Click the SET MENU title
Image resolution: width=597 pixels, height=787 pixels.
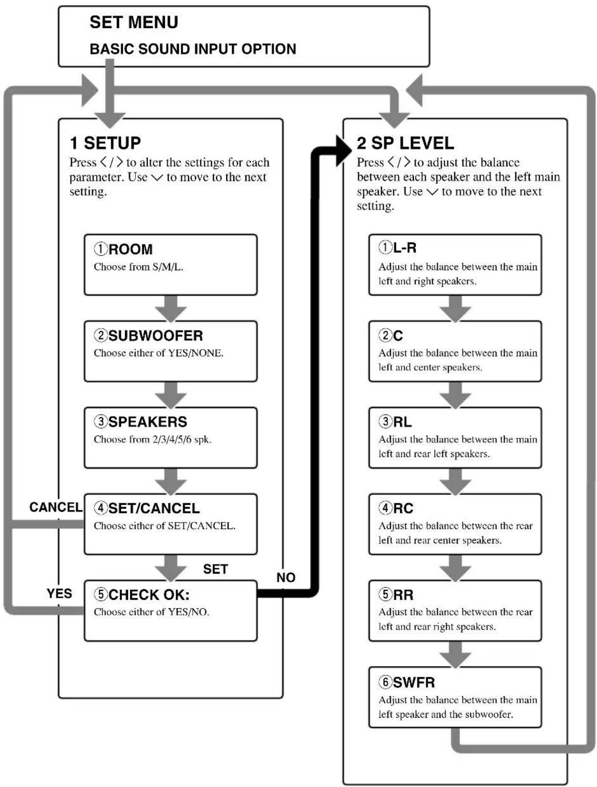[134, 22]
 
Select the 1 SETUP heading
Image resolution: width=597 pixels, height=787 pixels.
[105, 143]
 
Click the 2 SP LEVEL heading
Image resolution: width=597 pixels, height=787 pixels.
[406, 143]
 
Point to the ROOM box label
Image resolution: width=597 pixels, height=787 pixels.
[130, 249]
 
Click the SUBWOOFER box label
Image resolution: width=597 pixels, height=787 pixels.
[156, 336]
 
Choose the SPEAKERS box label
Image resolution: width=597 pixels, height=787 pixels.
[147, 422]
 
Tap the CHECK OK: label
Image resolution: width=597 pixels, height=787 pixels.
[149, 595]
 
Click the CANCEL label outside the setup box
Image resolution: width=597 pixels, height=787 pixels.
[56, 507]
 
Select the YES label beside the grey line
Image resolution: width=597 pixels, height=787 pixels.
[60, 594]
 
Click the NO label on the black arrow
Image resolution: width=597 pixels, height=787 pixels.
[286, 578]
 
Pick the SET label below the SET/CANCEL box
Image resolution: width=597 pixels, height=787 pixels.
[215, 569]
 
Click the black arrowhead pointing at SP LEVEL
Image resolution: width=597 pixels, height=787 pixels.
[343, 150]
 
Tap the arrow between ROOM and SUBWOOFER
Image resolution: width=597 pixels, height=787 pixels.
[171, 308]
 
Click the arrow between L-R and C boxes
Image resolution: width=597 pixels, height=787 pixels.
[455, 308]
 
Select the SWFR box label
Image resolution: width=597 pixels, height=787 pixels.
[414, 682]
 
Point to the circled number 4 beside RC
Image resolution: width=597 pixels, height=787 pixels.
[385, 508]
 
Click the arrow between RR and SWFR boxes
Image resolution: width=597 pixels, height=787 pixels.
[455, 654]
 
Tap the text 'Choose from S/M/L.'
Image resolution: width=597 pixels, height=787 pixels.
[138, 267]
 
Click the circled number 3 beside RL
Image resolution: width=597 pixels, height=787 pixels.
[385, 421]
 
